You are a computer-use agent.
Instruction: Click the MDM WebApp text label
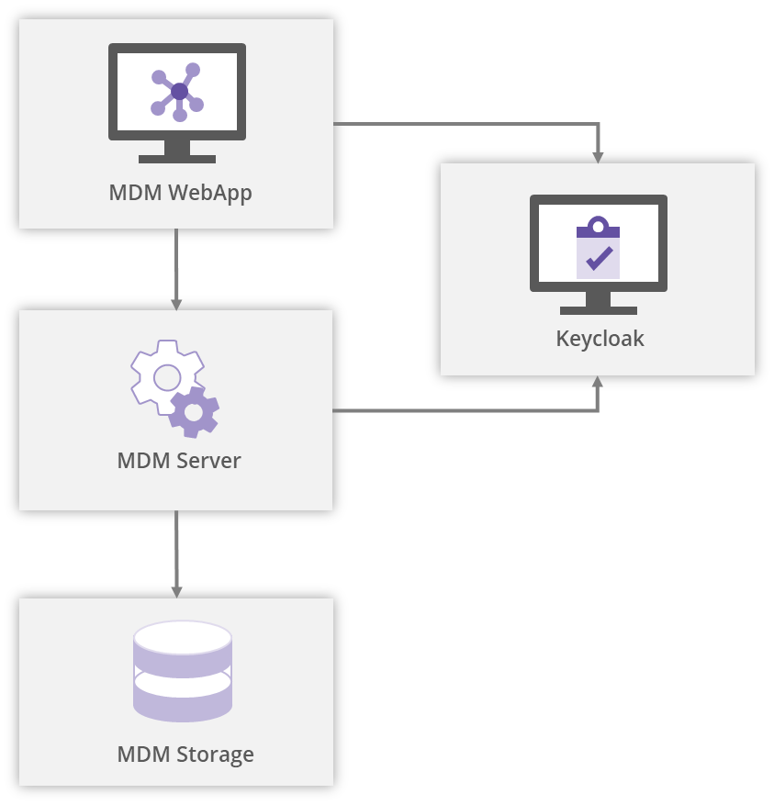[180, 194]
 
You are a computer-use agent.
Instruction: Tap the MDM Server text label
[179, 461]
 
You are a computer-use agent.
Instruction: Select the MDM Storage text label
[185, 755]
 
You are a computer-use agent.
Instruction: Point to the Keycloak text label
[600, 339]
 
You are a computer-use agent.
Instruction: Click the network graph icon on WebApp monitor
[177, 92]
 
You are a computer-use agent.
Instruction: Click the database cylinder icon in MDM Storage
[183, 671]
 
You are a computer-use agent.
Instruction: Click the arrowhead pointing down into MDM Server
[176, 303]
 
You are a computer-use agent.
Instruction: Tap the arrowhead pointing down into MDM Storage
[176, 591]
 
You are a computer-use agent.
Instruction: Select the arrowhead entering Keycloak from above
[598, 156]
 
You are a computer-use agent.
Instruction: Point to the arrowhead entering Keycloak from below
[598, 383]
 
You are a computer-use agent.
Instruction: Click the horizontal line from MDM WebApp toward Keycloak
[459, 124]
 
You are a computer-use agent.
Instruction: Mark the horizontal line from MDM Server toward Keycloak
[459, 410]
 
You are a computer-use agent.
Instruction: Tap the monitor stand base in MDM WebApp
[177, 159]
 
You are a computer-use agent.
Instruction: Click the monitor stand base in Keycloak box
[598, 310]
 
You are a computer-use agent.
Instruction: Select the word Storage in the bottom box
[215, 755]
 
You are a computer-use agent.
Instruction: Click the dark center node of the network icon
[179, 92]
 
